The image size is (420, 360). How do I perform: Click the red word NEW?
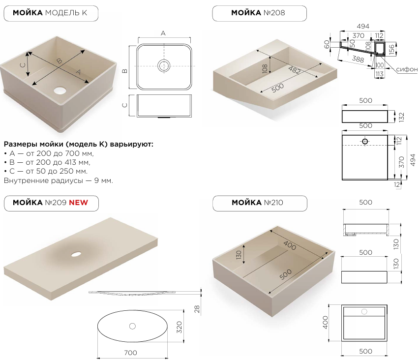[x=79, y=203]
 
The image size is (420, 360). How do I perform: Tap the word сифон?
[x=407, y=69]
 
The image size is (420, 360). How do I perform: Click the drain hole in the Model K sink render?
[x=60, y=90]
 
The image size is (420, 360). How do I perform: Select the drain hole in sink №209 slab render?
[x=76, y=254]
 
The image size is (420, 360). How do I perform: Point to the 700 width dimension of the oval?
[x=130, y=353]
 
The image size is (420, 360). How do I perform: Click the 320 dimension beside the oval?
[x=179, y=327]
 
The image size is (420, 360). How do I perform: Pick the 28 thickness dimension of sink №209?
[x=197, y=309]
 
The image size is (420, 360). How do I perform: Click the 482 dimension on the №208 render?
[x=295, y=70]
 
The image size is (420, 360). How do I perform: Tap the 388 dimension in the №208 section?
[x=358, y=59]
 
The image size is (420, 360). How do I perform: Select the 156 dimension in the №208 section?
[x=391, y=50]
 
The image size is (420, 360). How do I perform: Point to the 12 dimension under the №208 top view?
[x=397, y=184]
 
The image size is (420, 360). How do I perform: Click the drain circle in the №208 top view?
[x=365, y=141]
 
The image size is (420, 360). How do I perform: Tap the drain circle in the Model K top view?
[x=164, y=65]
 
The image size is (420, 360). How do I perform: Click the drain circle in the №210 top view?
[x=364, y=311]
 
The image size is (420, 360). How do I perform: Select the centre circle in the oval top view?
[x=132, y=326]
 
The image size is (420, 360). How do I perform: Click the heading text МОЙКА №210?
[x=257, y=203]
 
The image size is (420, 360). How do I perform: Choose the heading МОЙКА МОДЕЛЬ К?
[x=50, y=13]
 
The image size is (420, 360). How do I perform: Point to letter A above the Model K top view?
[x=163, y=33]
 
